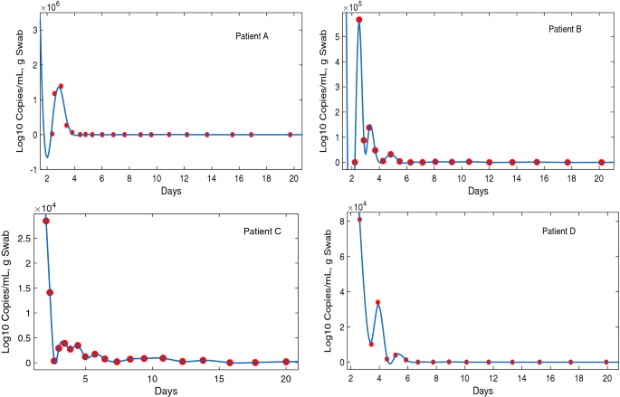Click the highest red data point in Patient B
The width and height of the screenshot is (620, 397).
click(359, 20)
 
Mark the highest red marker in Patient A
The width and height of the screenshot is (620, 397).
click(61, 86)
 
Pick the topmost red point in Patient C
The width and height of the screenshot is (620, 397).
click(46, 221)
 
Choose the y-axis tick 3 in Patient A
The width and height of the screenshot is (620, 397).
click(34, 30)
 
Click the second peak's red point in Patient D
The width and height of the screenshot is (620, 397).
click(377, 302)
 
